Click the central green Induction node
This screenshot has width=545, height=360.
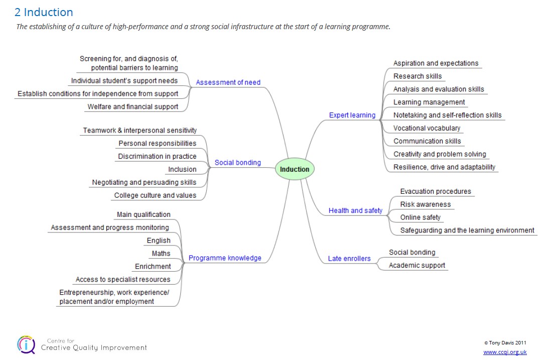click(x=295, y=169)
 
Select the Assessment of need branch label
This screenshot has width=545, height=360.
click(x=228, y=82)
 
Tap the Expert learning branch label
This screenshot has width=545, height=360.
click(x=352, y=115)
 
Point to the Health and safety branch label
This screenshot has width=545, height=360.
click(x=355, y=210)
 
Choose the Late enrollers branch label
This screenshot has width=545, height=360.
click(x=349, y=259)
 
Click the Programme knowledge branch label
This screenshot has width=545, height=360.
click(x=225, y=258)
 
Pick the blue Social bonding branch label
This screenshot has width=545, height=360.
click(x=238, y=163)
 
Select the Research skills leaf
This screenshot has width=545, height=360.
click(x=418, y=76)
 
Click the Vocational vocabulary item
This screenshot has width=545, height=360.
click(x=427, y=128)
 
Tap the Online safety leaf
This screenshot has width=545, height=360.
click(x=420, y=217)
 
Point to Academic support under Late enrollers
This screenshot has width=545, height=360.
click(x=417, y=266)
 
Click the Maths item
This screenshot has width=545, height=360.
click(x=161, y=254)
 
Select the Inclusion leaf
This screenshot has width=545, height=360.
click(x=182, y=169)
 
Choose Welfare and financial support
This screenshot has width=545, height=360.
click(x=133, y=107)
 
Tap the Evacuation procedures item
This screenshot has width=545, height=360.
click(x=436, y=191)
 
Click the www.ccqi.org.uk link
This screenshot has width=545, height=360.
click(x=505, y=352)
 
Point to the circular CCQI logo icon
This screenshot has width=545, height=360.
click(x=26, y=345)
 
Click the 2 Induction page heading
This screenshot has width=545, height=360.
click(x=44, y=12)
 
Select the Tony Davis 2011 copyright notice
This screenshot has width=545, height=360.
click(x=505, y=342)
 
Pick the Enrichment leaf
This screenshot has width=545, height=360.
click(x=153, y=267)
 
